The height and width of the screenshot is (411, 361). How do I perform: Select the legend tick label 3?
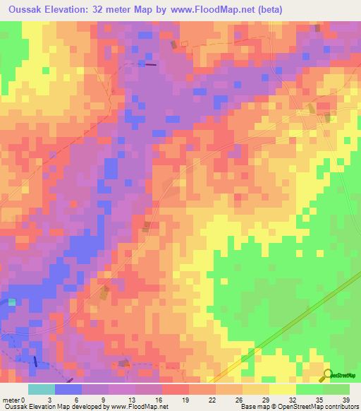click(49, 381)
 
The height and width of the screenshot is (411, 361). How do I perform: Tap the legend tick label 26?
click(239, 381)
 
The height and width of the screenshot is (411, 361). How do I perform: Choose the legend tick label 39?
click(346, 381)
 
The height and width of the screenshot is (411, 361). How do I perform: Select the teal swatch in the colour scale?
click(41, 390)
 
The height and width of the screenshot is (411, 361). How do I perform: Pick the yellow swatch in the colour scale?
click(282, 390)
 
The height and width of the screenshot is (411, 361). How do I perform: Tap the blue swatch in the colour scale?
click(68, 390)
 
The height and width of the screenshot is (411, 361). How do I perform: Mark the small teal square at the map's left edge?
click(11, 302)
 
